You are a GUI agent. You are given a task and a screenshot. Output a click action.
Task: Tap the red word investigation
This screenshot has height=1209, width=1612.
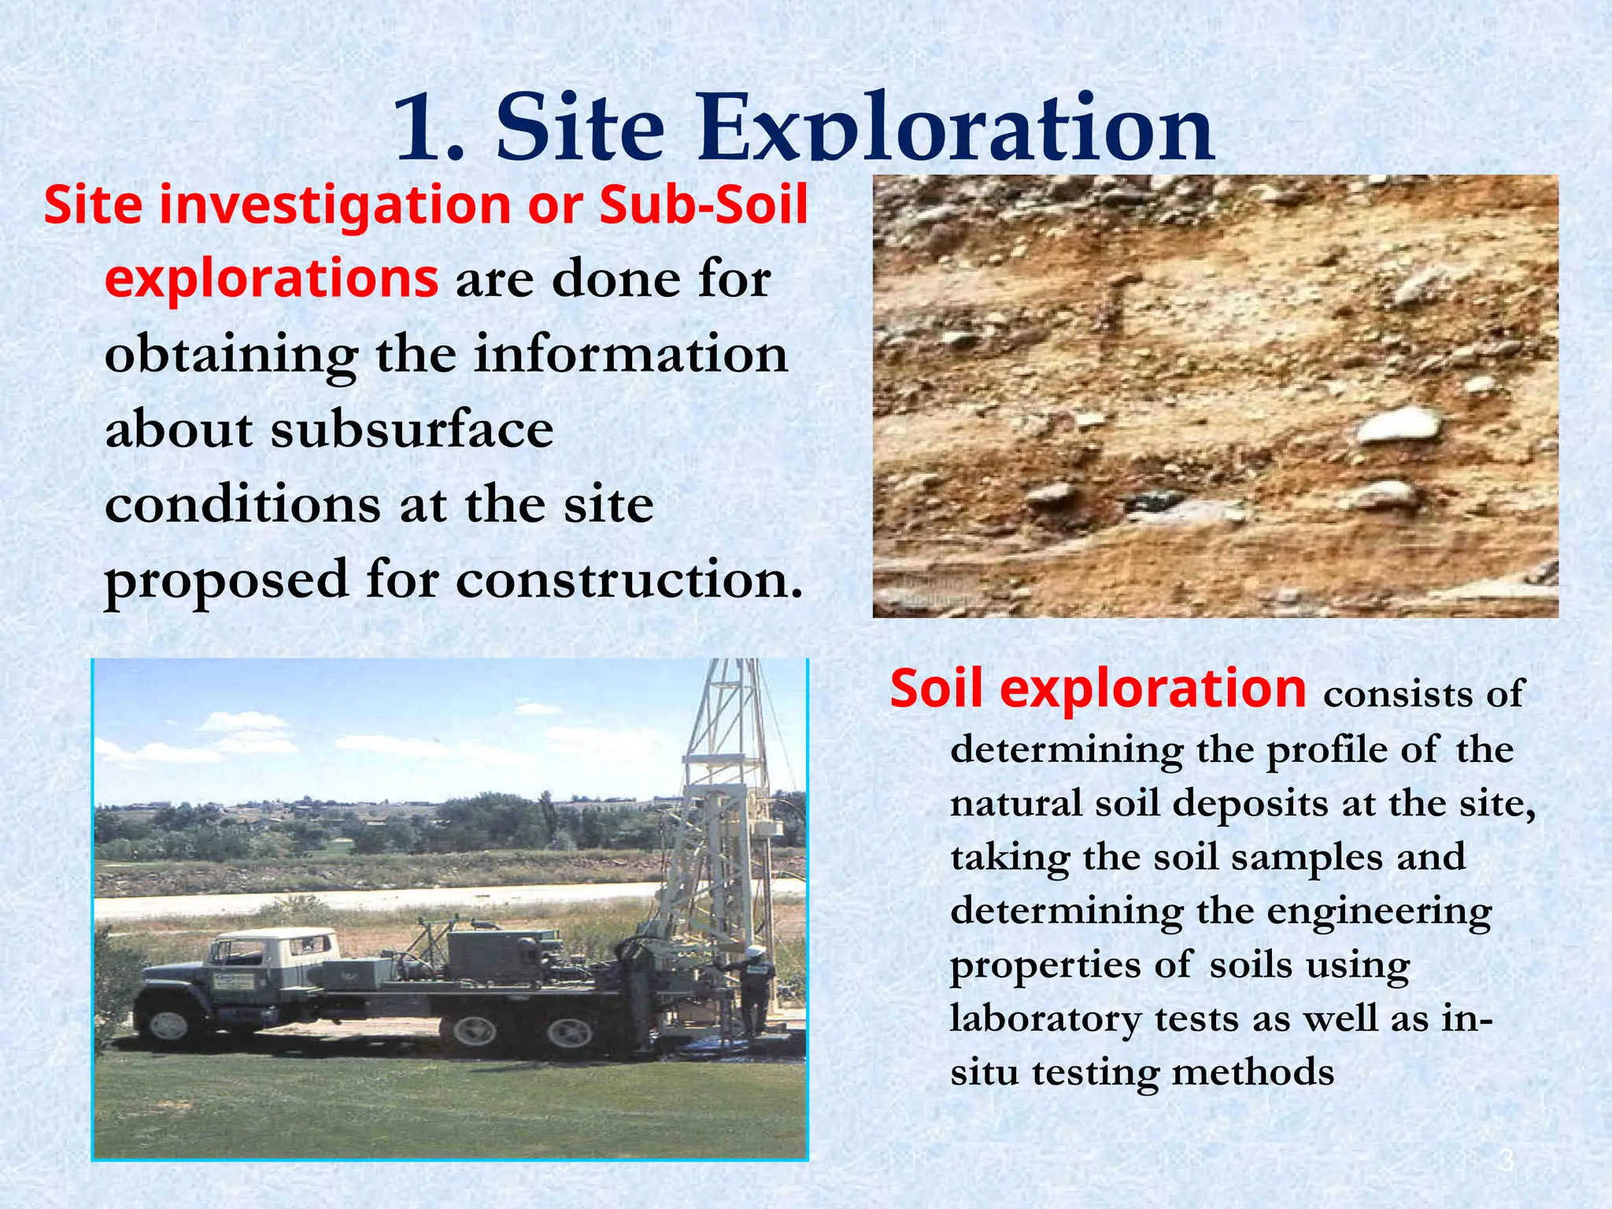coord(335,205)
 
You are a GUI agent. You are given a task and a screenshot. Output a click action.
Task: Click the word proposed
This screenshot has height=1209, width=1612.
coord(227,581)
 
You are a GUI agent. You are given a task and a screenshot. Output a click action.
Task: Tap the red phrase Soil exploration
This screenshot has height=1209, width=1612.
coord(1098,689)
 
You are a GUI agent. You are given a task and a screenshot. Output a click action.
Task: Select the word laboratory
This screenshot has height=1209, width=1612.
coord(1045,1019)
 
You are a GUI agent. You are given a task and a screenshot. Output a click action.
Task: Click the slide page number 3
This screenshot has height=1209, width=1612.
coord(1507,1160)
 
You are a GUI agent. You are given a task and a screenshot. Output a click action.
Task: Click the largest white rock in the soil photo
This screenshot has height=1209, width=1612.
coord(1399,426)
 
